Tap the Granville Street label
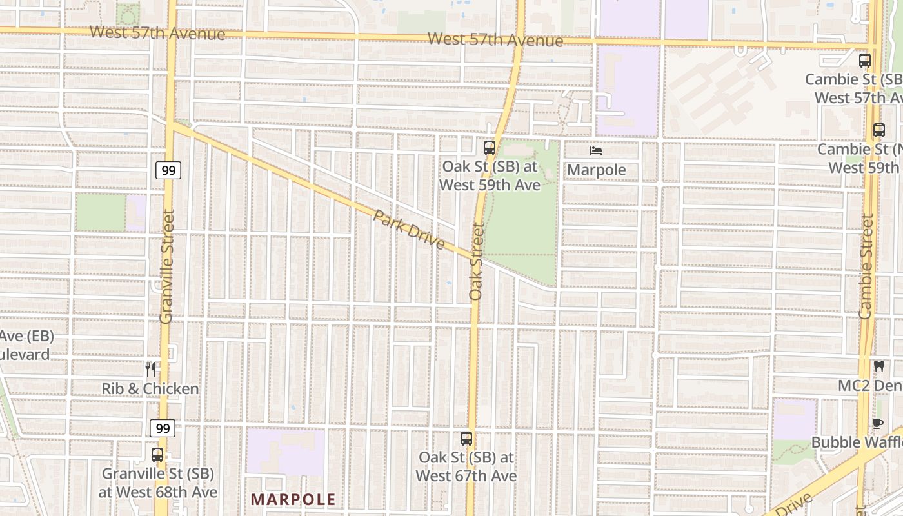167,266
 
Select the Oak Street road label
477,261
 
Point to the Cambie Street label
866,266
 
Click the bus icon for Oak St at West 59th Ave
489,148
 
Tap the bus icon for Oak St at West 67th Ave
466,439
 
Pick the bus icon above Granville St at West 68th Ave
157,454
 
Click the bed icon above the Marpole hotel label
596,151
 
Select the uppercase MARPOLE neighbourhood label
293,499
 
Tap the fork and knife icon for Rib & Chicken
150,369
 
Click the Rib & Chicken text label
150,388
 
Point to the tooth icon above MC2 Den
878,366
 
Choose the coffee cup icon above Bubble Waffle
877,423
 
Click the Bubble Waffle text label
857,442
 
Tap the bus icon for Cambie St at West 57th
865,61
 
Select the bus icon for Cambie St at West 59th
878,130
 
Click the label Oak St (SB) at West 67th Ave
466,466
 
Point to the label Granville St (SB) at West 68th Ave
157,482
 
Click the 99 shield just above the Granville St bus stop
163,428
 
